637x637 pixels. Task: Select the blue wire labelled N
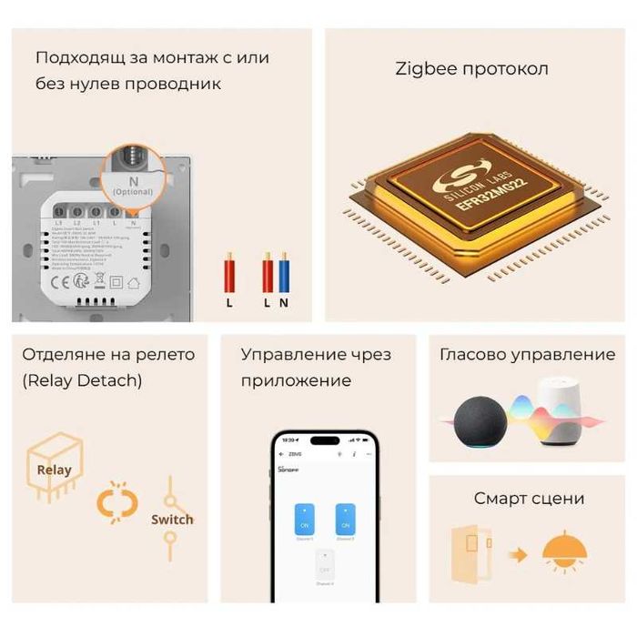coord(284,273)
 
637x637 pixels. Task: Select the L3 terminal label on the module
coord(59,222)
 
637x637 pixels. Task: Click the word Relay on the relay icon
coord(54,470)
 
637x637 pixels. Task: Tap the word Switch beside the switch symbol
coord(172,520)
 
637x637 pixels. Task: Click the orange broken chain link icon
coord(117,502)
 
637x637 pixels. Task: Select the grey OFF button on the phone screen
coord(325,566)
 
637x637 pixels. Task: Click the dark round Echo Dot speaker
coord(480,420)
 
